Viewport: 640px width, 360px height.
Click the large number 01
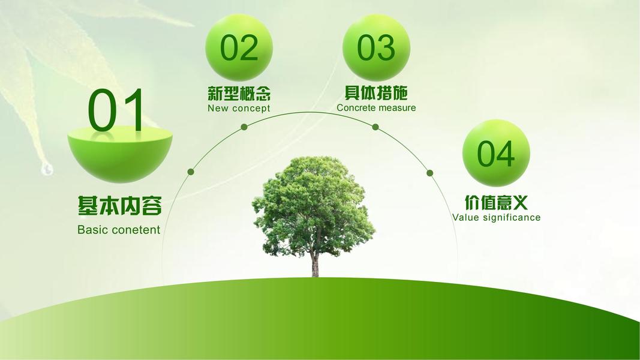point(116,110)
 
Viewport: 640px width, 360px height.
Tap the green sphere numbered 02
point(239,47)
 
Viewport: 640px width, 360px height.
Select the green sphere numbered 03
point(376,47)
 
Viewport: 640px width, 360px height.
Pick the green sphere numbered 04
point(496,153)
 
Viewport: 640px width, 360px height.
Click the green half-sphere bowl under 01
point(119,154)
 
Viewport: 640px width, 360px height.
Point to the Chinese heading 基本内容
point(119,205)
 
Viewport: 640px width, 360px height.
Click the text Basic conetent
point(119,230)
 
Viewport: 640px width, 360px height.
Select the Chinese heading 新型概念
point(239,94)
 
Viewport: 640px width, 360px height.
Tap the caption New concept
point(239,108)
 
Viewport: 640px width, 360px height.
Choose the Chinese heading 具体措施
point(376,93)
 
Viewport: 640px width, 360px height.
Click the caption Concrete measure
point(376,108)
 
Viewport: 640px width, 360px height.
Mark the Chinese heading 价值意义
point(496,202)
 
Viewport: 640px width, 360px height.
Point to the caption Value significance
point(496,218)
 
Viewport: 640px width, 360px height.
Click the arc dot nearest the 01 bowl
point(191,172)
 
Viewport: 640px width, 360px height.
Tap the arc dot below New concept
point(244,127)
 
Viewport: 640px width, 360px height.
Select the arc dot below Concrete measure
point(375,127)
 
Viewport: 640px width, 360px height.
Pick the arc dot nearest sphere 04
point(430,173)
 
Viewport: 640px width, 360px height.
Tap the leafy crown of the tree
point(314,204)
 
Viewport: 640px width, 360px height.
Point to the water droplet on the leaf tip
point(47,169)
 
